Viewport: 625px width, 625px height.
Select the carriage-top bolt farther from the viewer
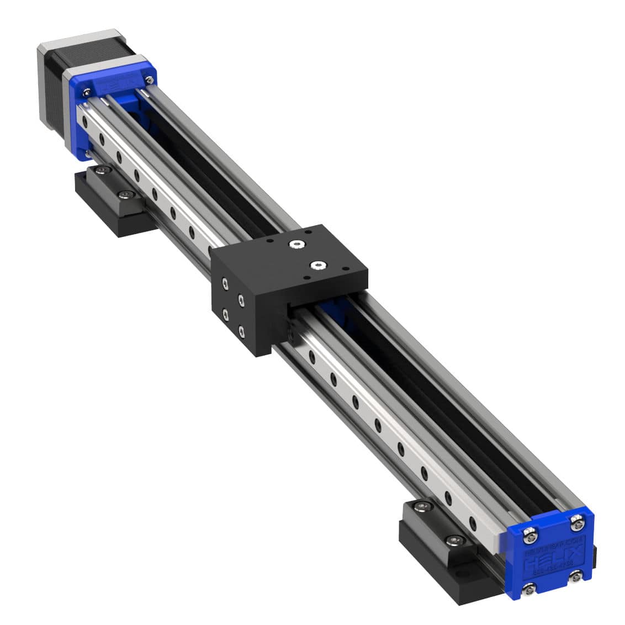tap(298, 243)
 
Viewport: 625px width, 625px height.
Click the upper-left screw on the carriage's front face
tap(224, 284)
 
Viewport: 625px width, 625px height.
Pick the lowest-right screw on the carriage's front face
tap(242, 331)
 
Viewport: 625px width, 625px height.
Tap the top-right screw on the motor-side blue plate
tap(149, 80)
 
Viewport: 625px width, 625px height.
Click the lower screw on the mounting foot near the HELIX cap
tap(454, 539)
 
